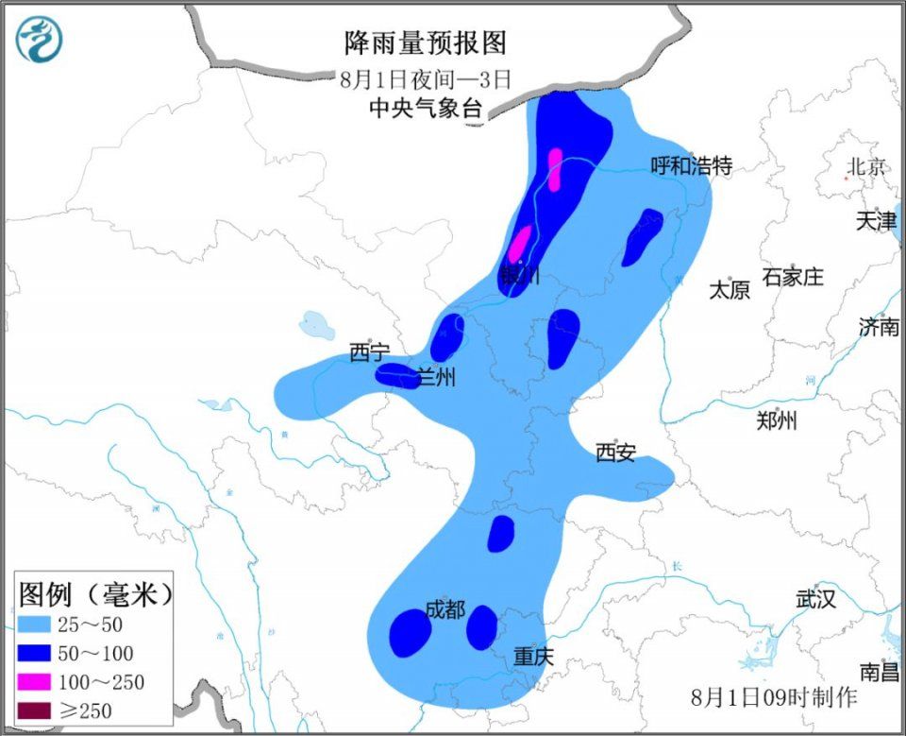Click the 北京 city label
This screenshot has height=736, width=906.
tap(866, 167)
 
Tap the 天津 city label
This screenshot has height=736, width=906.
tap(876, 221)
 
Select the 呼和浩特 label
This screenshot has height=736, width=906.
tap(692, 166)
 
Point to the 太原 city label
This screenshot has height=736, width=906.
tap(730, 290)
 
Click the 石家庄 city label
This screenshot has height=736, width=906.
tap(793, 277)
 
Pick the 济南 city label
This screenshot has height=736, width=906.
tap(879, 327)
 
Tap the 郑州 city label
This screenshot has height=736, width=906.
tap(777, 420)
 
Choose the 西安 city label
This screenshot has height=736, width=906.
tap(615, 453)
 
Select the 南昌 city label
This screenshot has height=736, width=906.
tap(880, 672)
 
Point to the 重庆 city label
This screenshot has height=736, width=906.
tap(533, 656)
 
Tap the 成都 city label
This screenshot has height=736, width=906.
tap(445, 609)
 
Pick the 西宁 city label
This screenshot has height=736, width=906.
tap(369, 353)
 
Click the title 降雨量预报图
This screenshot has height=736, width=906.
tap(426, 43)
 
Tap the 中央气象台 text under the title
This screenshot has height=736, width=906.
tap(426, 109)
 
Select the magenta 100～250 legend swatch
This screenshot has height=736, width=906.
tap(36, 680)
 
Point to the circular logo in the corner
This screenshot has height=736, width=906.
tap(39, 40)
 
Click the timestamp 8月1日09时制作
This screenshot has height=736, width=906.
tap(774, 698)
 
